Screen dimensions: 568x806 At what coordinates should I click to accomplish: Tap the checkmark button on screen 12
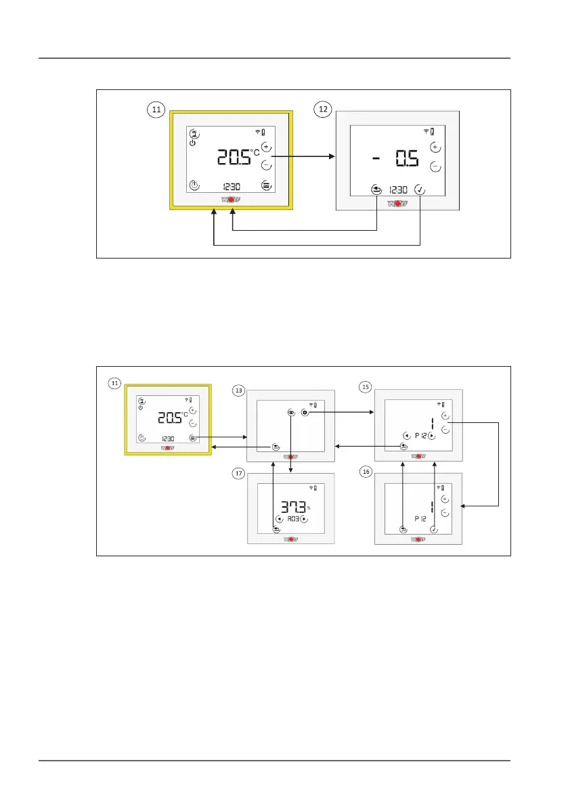[420, 190]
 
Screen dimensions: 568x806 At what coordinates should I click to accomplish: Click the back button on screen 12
[376, 190]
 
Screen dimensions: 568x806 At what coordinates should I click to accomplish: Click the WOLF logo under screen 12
[397, 203]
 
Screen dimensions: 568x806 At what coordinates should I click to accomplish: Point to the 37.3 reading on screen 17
[292, 508]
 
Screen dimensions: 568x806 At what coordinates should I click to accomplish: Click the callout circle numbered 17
[238, 474]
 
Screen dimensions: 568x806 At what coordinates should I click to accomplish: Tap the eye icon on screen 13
[290, 411]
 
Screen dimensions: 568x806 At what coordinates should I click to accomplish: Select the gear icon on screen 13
[305, 411]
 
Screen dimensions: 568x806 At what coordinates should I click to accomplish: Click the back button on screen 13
[276, 447]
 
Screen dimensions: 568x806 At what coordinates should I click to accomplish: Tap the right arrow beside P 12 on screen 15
[431, 436]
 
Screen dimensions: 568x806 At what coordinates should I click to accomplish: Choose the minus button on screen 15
[445, 429]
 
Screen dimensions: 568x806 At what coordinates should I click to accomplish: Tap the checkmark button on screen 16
[433, 529]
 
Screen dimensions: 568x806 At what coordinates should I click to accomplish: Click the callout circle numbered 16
[366, 474]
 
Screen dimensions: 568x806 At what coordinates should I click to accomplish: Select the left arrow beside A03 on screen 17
[278, 519]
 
